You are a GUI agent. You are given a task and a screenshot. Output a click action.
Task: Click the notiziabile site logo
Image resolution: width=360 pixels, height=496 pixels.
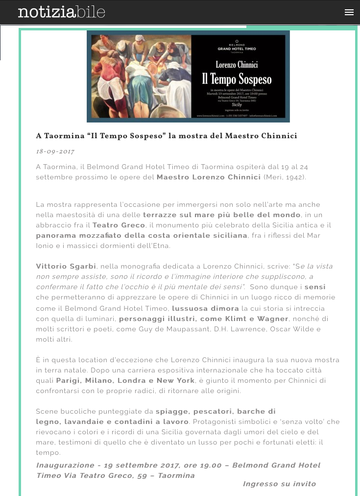tap(61, 12)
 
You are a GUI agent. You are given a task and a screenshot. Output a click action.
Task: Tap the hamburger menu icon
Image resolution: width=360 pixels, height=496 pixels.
tap(349, 13)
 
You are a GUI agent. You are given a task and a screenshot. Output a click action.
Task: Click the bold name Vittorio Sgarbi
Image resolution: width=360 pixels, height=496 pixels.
tap(66, 266)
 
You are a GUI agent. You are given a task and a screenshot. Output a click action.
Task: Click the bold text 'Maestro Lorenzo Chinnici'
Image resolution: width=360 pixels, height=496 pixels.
tap(208, 177)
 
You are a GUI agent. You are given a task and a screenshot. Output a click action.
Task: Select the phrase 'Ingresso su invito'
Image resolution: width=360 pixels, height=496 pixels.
tap(279, 484)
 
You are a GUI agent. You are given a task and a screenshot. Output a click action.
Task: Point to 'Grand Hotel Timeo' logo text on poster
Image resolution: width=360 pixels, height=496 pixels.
tap(237, 49)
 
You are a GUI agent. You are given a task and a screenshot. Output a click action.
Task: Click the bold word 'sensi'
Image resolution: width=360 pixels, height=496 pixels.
tap(315, 287)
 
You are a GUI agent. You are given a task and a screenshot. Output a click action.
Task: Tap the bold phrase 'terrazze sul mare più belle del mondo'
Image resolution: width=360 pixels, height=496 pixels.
tap(221, 215)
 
